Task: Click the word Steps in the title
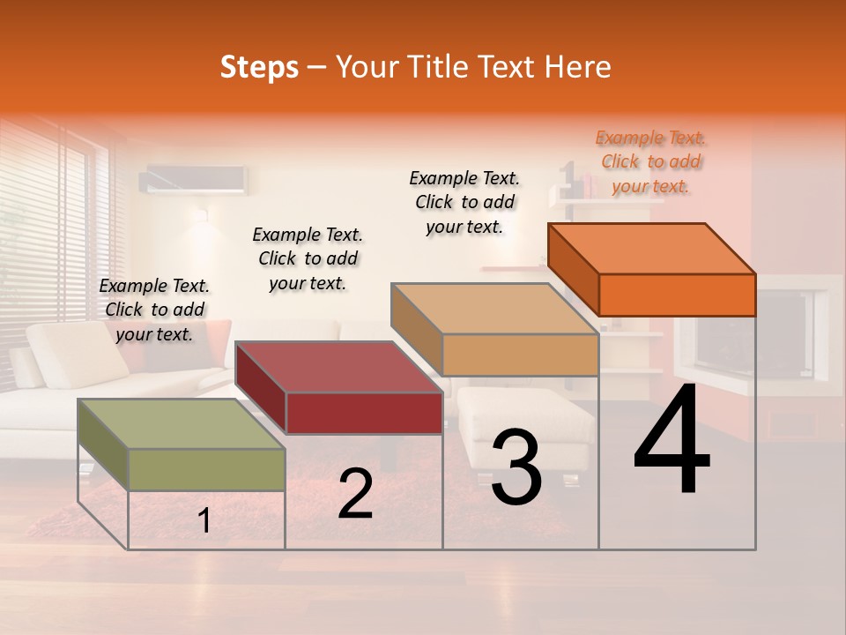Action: coord(259,67)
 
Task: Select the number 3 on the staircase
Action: coord(516,467)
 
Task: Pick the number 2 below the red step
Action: coord(355,494)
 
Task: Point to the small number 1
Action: coord(204,521)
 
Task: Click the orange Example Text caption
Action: coord(650,161)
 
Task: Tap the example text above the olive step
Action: coord(155,310)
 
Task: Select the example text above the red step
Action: coord(308,258)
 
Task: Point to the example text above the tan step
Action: coord(464,202)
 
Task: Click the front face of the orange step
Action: coord(677,295)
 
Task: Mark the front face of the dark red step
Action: coord(363,413)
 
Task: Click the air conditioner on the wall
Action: coord(195,179)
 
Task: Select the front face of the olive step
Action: coord(207,469)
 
